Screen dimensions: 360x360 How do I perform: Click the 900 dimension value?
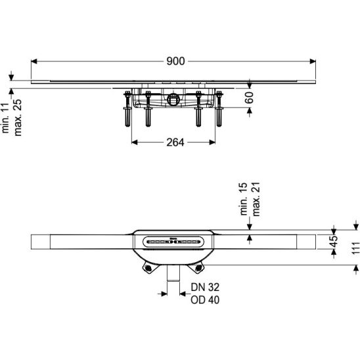click(175, 61)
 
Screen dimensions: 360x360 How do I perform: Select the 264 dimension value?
click(175, 143)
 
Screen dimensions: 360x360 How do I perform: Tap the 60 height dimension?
click(250, 98)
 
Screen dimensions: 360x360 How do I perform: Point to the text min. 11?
click(5, 118)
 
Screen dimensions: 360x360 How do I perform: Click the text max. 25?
click(18, 118)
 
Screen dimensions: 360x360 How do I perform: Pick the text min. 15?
click(244, 199)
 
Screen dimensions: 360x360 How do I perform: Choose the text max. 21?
click(256, 199)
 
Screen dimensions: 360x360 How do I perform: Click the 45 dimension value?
click(334, 241)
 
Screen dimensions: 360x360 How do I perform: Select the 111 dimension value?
click(355, 248)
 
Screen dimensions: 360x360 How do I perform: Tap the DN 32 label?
click(205, 287)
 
